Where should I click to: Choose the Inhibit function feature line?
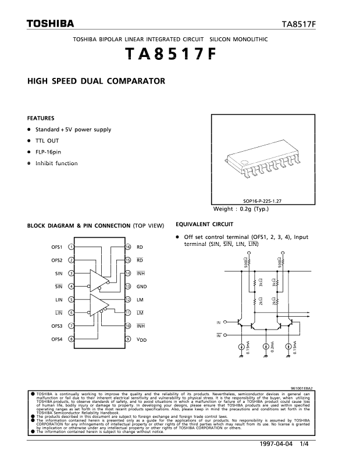[x=56, y=163]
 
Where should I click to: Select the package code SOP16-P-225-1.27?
[x=266, y=201]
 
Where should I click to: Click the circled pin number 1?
[x=71, y=247]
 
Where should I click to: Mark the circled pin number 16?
[x=127, y=247]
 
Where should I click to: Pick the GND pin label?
[x=141, y=287]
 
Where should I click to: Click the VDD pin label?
[x=141, y=339]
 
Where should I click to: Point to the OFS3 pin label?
[x=56, y=325]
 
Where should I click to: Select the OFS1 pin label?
[x=56, y=247]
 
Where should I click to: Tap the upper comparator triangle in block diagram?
[x=98, y=280]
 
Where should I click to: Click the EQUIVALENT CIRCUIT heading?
[x=204, y=224]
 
